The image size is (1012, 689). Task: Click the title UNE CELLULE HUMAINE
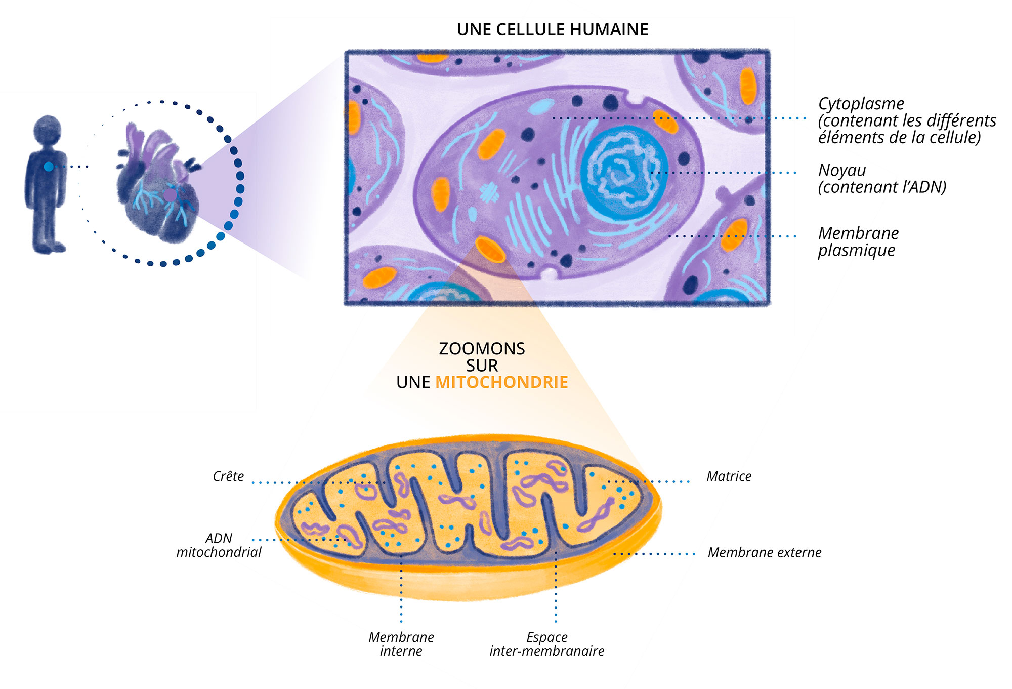[552, 30]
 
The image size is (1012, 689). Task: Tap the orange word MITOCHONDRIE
[501, 382]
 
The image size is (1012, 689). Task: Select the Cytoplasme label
[861, 104]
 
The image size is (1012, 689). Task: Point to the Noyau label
[842, 171]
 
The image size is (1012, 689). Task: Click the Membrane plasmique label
[858, 241]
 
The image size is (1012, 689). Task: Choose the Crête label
[228, 476]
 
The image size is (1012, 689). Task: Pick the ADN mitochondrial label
[219, 545]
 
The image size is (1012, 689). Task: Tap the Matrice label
[729, 476]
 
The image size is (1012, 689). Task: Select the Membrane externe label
[764, 553]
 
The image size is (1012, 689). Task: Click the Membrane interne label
[401, 644]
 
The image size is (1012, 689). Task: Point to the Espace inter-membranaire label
[546, 644]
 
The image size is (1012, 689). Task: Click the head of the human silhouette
[48, 129]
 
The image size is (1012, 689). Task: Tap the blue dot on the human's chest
[48, 167]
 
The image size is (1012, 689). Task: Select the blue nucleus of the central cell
[624, 173]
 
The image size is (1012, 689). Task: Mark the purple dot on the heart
[170, 195]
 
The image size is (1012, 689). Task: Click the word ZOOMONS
[482, 349]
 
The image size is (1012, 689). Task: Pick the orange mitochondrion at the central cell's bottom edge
[490, 250]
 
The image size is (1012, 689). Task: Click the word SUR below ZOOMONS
[482, 366]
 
